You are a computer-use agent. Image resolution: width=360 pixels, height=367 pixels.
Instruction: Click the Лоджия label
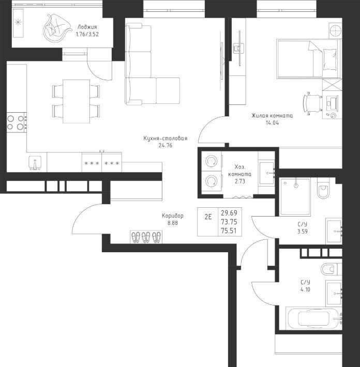coord(87,27)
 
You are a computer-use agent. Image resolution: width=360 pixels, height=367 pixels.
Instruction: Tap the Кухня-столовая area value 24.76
coord(166,145)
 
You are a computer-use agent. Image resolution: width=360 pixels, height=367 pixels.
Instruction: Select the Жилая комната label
coord(272,115)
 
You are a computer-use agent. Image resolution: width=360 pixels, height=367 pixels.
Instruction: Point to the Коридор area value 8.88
coord(173,223)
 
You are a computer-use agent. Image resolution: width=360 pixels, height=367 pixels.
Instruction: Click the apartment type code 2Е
coord(208,217)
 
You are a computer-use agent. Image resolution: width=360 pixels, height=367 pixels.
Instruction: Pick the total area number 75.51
coord(229,231)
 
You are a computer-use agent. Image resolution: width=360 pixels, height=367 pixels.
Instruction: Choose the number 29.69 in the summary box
coord(229,213)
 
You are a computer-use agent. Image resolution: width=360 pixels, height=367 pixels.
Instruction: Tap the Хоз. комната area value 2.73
coord(240,181)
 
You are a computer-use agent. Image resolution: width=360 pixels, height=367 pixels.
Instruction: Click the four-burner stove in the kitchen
coord(17,123)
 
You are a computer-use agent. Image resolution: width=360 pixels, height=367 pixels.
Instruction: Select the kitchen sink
coord(35,163)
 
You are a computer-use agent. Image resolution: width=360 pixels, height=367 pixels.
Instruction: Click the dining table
coord(77,101)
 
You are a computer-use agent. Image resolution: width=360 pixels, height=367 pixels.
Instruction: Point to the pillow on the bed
coord(330,59)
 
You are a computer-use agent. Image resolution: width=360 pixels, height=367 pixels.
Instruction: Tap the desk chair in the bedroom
coord(312,103)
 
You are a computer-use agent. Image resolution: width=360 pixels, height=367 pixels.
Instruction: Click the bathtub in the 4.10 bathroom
coord(313,318)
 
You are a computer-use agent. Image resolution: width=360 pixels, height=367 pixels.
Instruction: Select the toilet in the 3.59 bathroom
coord(323,189)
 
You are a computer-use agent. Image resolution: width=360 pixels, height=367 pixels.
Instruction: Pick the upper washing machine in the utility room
coord(211,161)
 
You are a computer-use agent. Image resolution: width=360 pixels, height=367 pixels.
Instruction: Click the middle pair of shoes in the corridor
coord(146,237)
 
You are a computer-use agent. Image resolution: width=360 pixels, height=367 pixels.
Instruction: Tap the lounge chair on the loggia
coord(56,28)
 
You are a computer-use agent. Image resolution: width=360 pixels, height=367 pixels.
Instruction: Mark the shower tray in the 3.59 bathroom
coord(295,197)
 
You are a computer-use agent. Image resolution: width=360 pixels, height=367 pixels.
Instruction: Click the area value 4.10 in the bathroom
coord(305,289)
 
